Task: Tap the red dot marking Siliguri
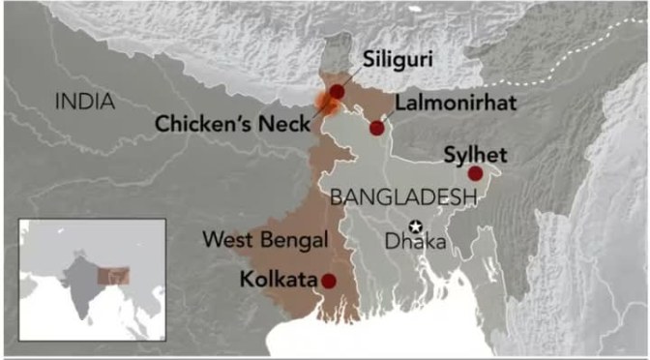click(x=335, y=91)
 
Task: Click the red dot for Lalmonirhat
click(x=376, y=128)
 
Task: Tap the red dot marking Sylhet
click(x=475, y=173)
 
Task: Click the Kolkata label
click(x=277, y=281)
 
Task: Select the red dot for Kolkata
click(x=329, y=281)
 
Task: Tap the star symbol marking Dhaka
click(x=416, y=226)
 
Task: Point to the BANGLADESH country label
click(x=404, y=197)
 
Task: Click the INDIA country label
click(x=85, y=101)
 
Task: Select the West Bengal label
click(x=266, y=238)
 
